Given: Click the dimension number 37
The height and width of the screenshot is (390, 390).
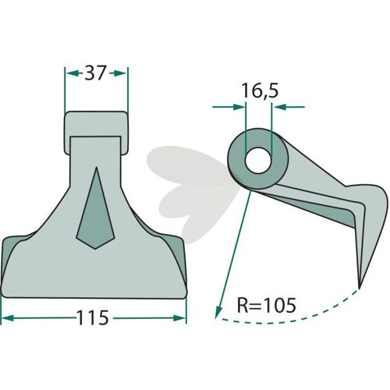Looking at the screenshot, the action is (95, 73).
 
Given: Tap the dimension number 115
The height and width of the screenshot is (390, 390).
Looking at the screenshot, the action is (93, 317).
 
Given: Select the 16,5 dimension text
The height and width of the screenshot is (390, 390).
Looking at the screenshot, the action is (260, 91).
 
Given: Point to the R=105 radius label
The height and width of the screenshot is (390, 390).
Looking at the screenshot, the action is (267, 305).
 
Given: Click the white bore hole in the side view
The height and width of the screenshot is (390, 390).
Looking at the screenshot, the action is (258, 160).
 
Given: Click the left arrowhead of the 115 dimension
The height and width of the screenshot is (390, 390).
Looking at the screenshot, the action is (7, 318).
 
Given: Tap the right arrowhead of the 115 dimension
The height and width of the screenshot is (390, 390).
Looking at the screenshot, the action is (180, 318).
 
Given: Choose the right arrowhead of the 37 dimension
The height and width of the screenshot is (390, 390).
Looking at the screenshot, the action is (120, 73).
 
